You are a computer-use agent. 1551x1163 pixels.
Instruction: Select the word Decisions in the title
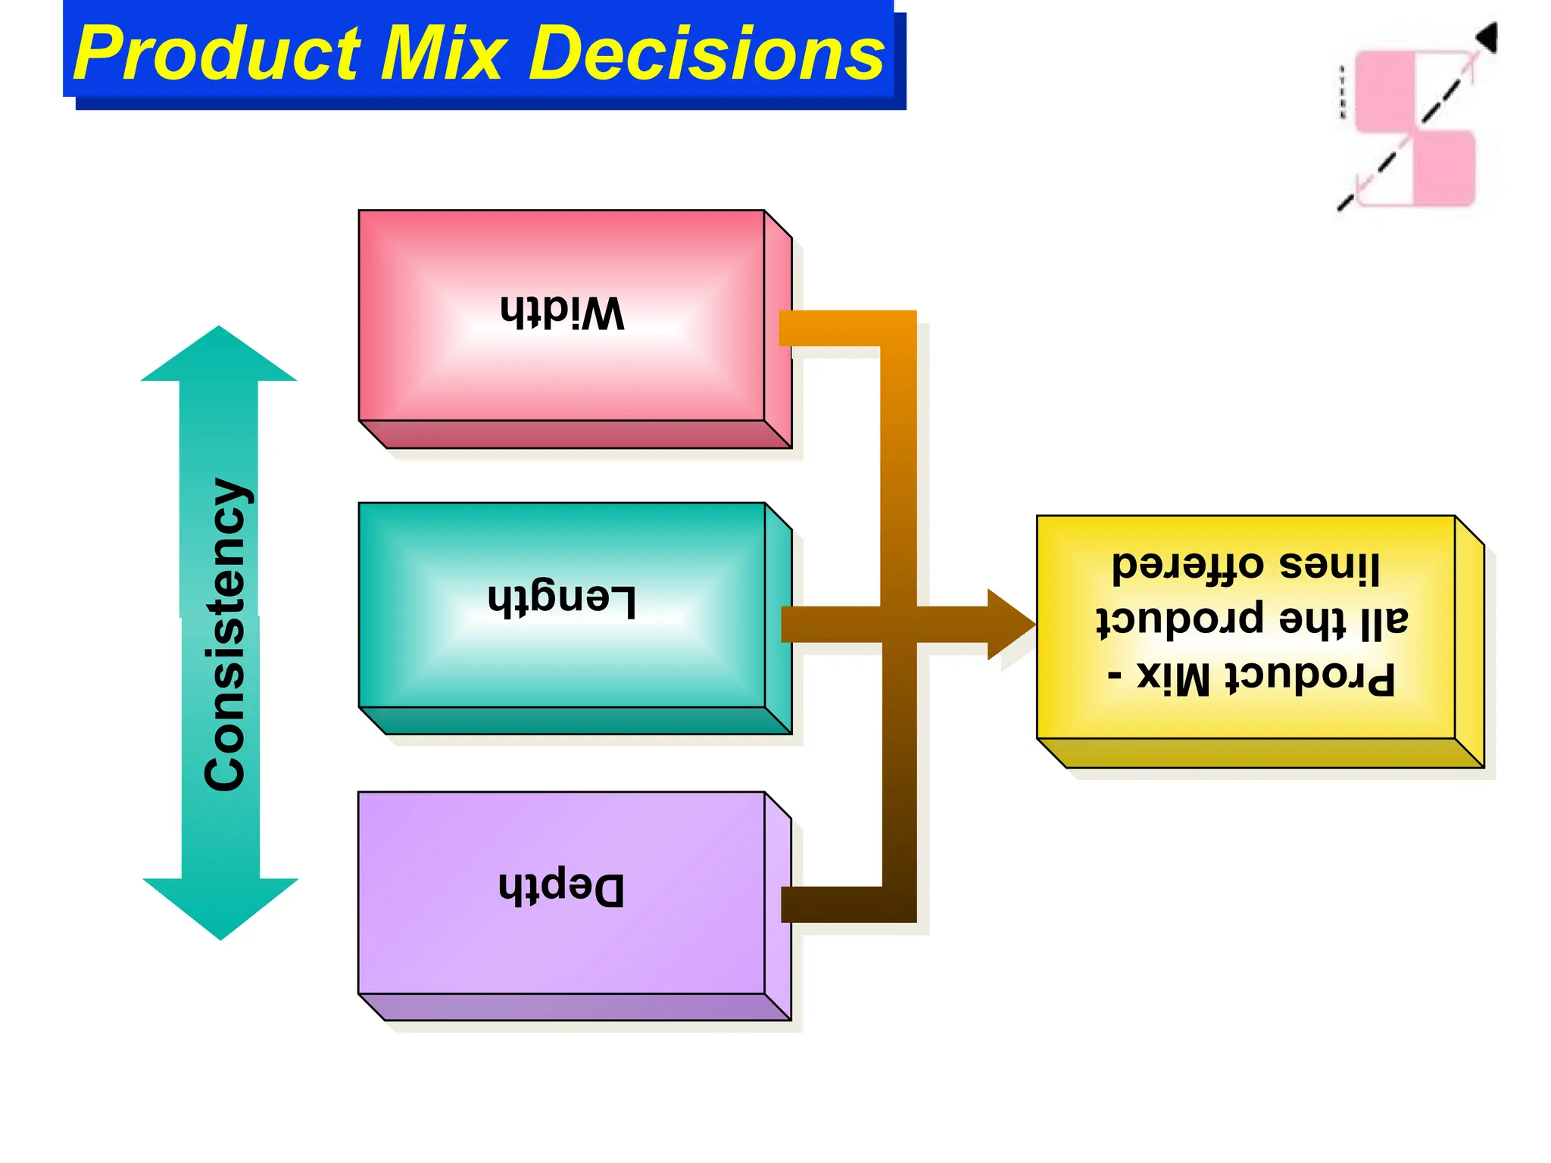pyautogui.click(x=706, y=55)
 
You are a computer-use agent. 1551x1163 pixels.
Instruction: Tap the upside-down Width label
pyautogui.click(x=562, y=312)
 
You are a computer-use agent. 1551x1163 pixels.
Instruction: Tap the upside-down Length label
pyautogui.click(x=562, y=603)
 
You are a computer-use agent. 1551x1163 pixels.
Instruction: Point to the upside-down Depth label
pyautogui.click(x=562, y=887)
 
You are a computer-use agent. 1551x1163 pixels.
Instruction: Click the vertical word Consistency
pyautogui.click(x=225, y=635)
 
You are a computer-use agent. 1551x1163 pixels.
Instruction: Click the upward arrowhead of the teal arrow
pyautogui.click(x=219, y=356)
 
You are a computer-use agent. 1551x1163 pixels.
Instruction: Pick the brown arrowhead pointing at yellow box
pyautogui.click(x=1010, y=625)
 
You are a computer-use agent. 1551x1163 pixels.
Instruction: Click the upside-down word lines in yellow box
pyautogui.click(x=1329, y=566)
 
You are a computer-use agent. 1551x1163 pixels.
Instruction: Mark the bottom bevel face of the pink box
pyautogui.click(x=576, y=435)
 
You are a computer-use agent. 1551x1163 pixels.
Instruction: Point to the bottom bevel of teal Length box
pyautogui.click(x=576, y=721)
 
